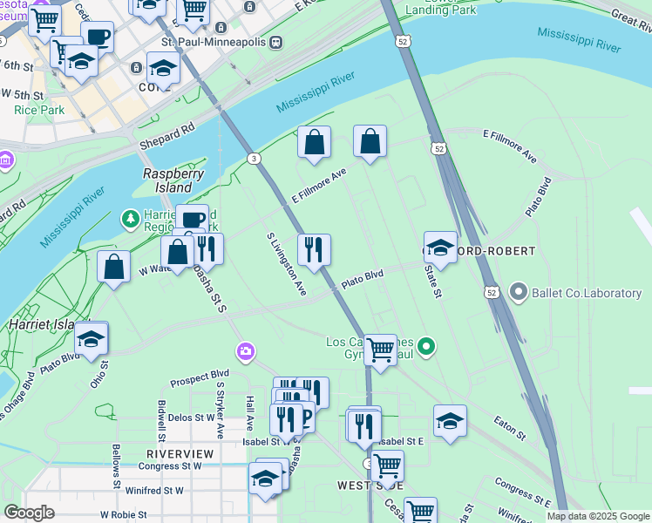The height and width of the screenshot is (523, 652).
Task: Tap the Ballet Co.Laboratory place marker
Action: [x=520, y=292]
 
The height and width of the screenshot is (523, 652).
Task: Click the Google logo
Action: [x=29, y=513]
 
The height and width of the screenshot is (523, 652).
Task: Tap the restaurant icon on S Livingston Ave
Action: [x=314, y=249]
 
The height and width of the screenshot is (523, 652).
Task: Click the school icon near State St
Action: [x=441, y=247]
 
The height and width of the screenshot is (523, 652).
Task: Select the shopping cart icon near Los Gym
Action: [x=380, y=349]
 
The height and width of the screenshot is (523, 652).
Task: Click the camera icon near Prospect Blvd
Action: [x=246, y=351]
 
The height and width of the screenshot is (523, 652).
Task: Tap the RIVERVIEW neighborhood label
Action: [x=180, y=454]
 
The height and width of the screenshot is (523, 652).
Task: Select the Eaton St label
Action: [x=510, y=428]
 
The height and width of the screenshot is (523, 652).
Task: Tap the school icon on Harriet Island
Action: [x=91, y=339]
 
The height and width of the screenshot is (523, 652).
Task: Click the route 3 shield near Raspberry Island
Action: [x=253, y=158]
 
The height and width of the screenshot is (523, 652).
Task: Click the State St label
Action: [x=430, y=281]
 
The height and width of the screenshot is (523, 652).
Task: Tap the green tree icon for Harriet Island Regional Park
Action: [x=131, y=217]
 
